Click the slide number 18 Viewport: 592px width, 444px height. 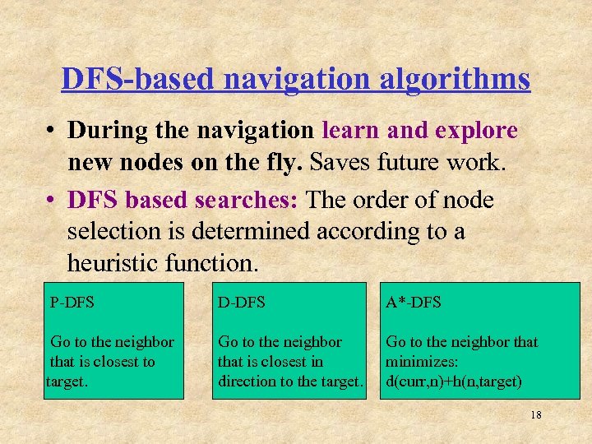(x=535, y=415)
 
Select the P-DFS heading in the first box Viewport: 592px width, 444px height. (x=72, y=303)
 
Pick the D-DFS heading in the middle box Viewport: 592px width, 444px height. (x=242, y=303)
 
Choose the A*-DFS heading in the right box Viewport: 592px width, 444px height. (x=414, y=303)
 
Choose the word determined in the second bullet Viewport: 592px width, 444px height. (x=249, y=232)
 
